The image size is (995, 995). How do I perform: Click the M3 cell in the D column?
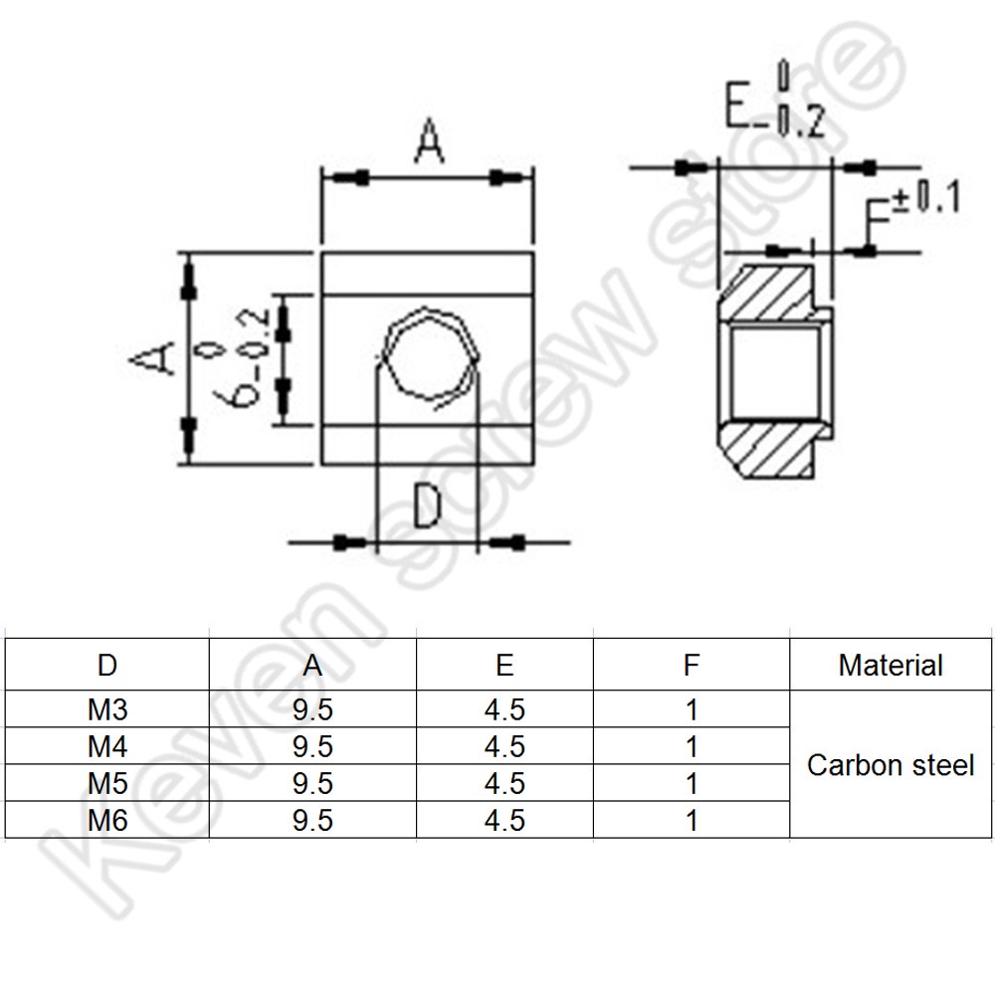coord(107,709)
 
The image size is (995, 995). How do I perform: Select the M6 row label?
coord(107,821)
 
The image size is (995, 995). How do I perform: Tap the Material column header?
coord(891,666)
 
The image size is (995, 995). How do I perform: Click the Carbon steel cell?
coord(891,765)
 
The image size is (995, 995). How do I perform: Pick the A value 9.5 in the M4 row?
coord(312,747)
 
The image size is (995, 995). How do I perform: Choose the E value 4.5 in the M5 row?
coord(504,784)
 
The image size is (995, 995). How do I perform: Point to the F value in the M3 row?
coord(692,709)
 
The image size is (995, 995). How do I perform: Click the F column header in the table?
coord(692,666)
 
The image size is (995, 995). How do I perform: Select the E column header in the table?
coord(504,666)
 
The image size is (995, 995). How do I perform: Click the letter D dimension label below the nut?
coord(427,505)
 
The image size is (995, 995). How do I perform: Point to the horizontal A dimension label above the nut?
coord(429,140)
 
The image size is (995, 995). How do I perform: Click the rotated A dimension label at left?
coord(152,357)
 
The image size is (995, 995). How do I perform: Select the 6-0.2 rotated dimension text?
coord(243,358)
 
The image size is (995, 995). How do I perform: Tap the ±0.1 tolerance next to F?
coord(927,197)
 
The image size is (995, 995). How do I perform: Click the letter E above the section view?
coord(738,104)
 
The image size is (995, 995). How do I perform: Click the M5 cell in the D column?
coord(107,784)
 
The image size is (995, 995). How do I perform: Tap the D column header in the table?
coord(107,666)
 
